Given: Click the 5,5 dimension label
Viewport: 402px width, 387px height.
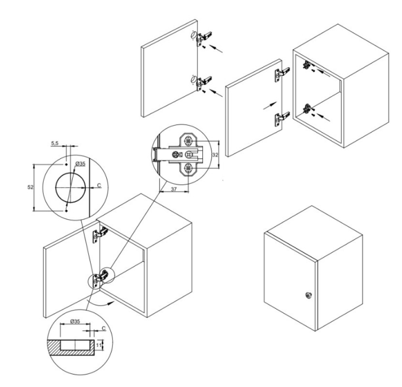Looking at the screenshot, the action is [55, 143].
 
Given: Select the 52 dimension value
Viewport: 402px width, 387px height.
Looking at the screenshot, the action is [30, 187].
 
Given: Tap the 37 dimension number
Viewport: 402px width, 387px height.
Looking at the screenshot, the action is [174, 189].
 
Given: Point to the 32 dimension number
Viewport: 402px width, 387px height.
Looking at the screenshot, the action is [215, 155].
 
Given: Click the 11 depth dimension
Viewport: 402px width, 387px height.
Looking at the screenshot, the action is [99, 344].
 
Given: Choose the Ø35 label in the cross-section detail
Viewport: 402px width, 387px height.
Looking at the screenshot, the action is [75, 321].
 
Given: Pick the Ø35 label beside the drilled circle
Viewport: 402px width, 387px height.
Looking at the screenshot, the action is [80, 164].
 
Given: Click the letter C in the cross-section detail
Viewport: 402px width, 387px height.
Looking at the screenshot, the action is [104, 328].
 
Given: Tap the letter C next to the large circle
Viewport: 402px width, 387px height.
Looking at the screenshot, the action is [99, 185].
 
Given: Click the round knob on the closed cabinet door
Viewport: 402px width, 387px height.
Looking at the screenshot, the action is [308, 295].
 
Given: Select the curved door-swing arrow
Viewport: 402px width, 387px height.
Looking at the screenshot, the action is [100, 303].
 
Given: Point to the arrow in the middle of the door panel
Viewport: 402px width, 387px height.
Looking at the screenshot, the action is [270, 105].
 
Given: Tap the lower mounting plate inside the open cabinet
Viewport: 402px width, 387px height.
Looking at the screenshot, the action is [307, 108].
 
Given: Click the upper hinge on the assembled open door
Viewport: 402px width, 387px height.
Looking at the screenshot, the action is [100, 235].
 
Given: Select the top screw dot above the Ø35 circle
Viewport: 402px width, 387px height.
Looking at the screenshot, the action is [66, 164].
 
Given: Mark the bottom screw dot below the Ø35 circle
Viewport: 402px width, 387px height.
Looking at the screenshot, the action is [66, 211].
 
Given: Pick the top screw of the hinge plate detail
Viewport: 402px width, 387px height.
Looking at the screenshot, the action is [189, 141].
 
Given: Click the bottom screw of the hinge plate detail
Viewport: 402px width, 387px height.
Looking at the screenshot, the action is [189, 168].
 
